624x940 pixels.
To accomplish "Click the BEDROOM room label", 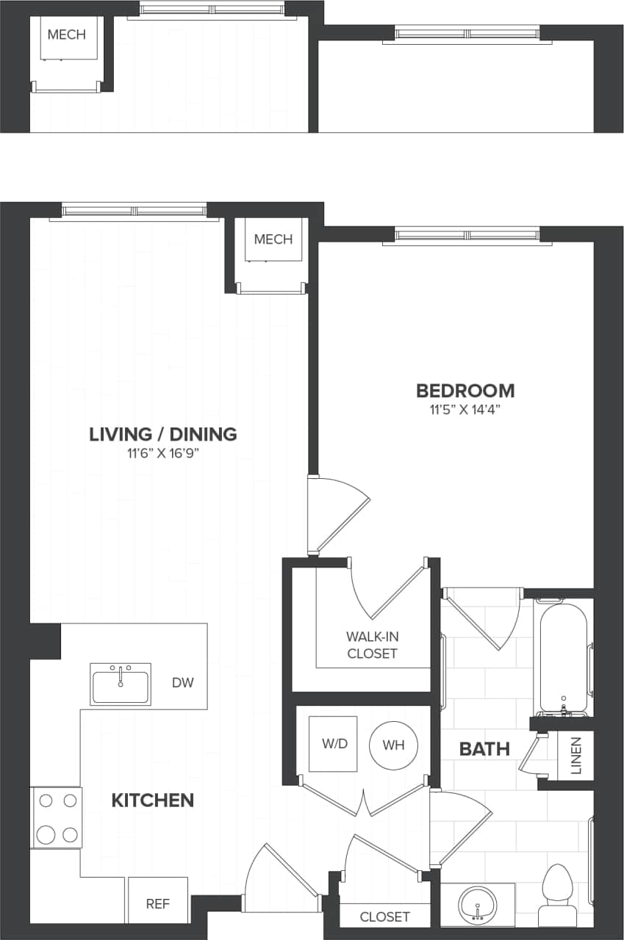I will coord(465,390).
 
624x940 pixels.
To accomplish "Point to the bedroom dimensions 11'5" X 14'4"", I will coord(465,409).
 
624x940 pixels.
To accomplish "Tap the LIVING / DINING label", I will coord(163,434).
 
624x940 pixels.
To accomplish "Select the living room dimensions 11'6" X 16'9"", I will coord(163,453).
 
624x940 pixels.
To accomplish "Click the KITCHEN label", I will coord(153,800).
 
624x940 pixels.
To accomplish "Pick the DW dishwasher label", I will coord(183,682).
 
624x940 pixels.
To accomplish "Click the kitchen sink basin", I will coord(121,684).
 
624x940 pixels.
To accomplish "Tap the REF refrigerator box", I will coord(157,903).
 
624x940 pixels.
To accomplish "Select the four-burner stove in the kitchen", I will coord(57,817).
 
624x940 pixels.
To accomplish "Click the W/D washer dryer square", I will coord(334,744).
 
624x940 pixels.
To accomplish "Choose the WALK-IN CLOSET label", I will coord(372,645).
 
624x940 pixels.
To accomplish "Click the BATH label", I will coord(484,749).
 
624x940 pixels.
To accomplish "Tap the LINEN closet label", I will coord(576,756).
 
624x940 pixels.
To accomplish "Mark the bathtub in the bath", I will coord(564,657).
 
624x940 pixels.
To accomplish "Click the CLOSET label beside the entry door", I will coord(384,916).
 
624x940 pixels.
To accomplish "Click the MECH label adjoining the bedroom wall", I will coord(273,239).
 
